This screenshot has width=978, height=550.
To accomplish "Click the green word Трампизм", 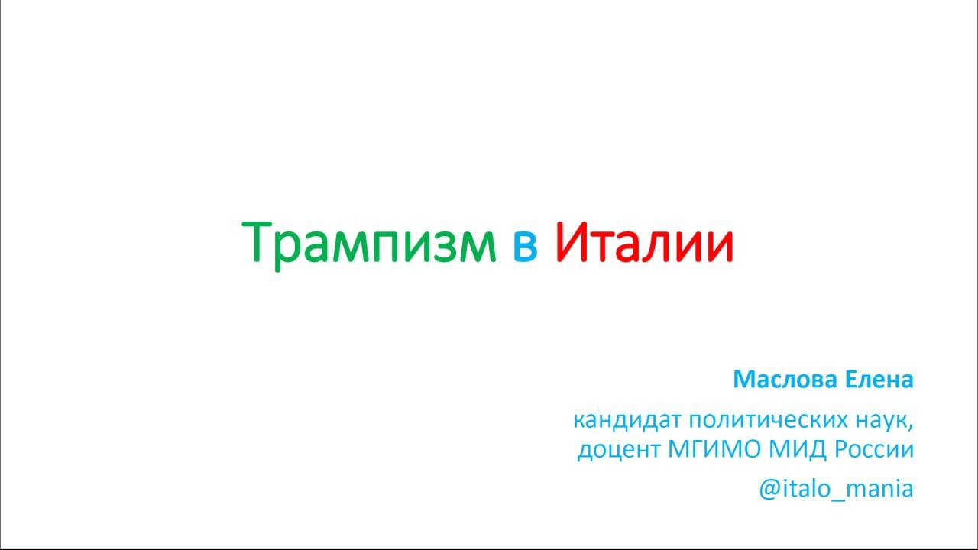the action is tap(369, 244).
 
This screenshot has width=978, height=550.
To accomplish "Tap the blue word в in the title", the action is tap(525, 247).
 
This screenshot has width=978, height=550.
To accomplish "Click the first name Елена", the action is tap(879, 379).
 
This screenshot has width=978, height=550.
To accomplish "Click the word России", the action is tap(874, 450).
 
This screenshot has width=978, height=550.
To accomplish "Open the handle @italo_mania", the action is tap(836, 489).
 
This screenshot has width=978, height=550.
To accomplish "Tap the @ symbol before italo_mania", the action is tap(769, 489).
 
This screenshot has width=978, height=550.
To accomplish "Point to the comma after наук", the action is tap(911, 427).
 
